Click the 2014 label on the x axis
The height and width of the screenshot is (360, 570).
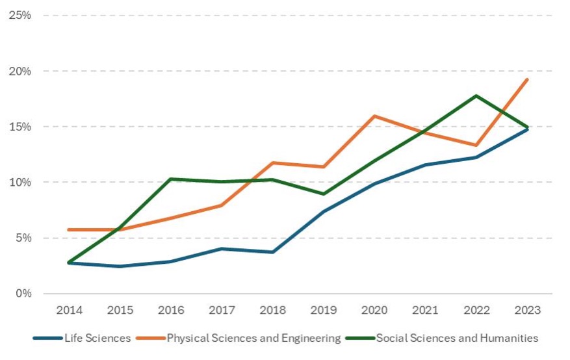[x=69, y=310]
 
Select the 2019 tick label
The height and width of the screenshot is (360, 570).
[x=323, y=310]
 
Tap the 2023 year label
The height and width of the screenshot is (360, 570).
[x=526, y=310]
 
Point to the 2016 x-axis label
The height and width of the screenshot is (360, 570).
[x=170, y=310]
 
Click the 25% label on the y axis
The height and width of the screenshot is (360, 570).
[x=20, y=15]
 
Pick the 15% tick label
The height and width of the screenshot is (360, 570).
[x=20, y=127]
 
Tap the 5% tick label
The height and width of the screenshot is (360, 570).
[x=23, y=238]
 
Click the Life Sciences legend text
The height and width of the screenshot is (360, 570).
[x=97, y=338]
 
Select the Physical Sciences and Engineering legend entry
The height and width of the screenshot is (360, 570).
[x=253, y=338]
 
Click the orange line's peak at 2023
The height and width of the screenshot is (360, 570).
[x=526, y=80]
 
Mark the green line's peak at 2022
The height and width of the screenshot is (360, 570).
[x=476, y=96]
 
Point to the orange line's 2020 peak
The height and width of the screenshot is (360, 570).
[x=374, y=116]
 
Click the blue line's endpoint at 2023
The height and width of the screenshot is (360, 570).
[x=526, y=129]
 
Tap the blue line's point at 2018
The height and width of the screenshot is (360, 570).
[x=272, y=252]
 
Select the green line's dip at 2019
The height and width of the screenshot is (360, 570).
[x=323, y=194]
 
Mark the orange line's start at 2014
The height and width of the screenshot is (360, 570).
[x=69, y=229]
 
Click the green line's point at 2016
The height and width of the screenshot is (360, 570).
[x=170, y=179]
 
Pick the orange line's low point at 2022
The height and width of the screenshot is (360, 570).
[x=476, y=145]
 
